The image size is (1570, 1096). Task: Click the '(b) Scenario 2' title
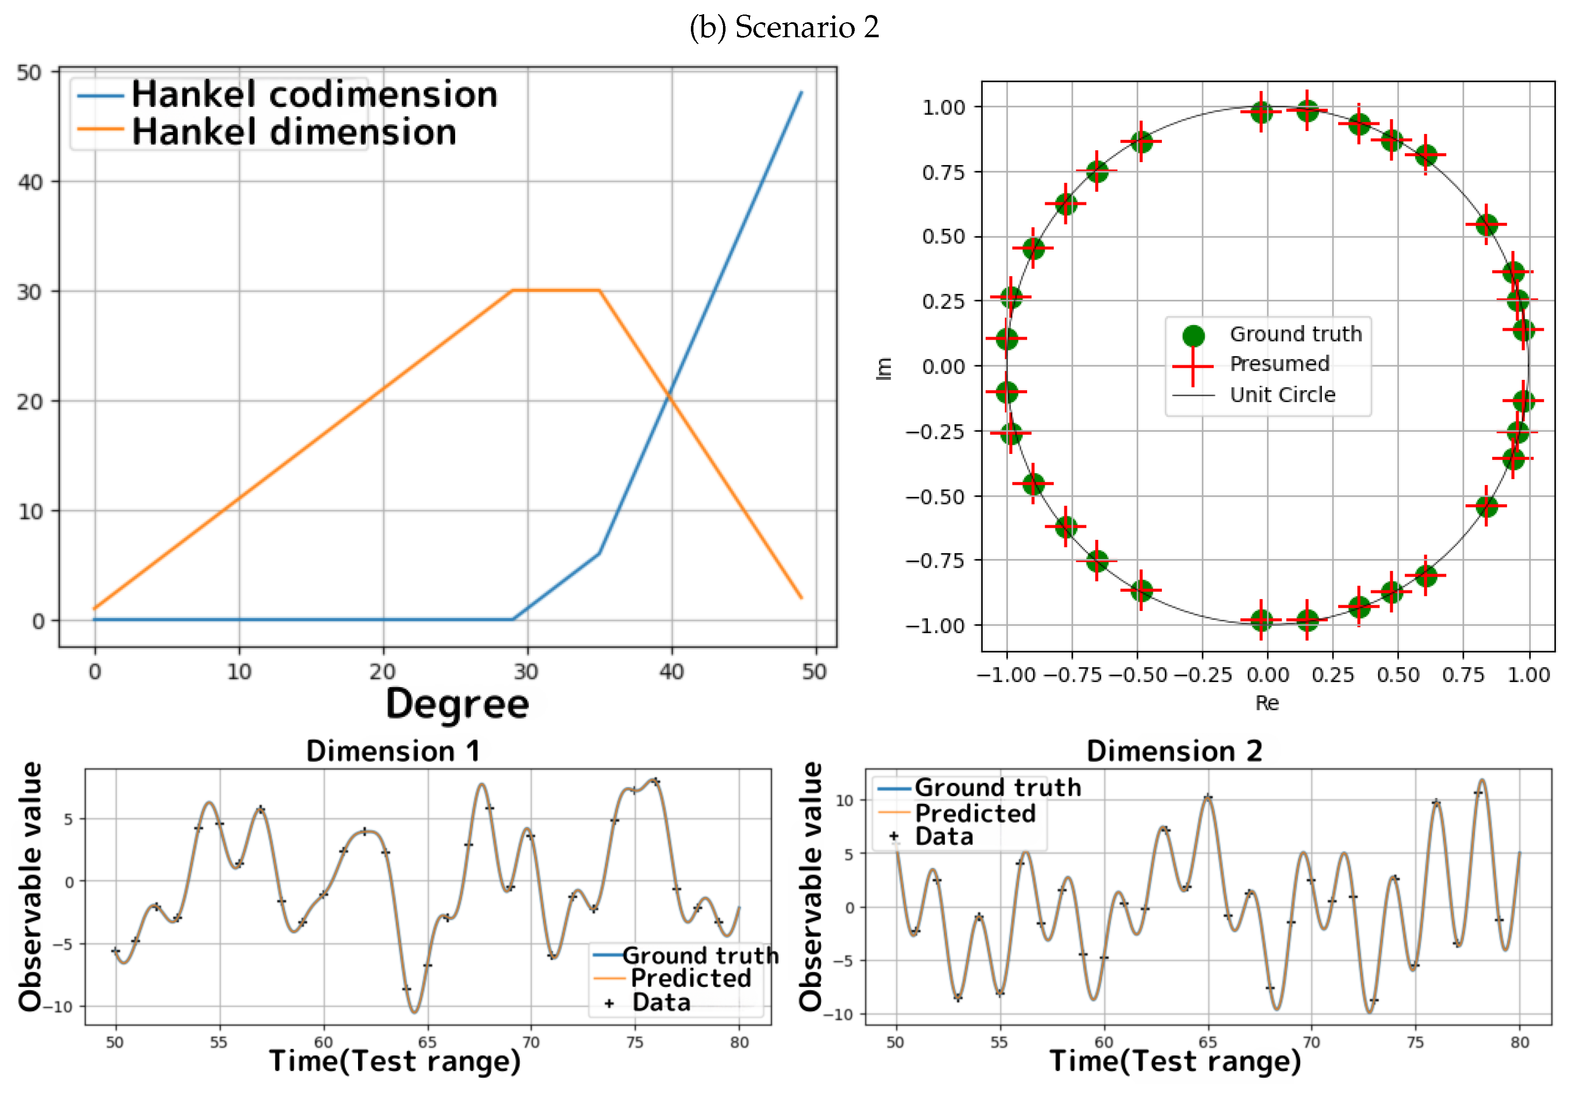pyautogui.click(x=784, y=27)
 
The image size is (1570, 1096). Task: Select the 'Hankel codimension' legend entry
pyautogui.click(x=314, y=95)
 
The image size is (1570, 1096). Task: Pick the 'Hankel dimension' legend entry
pyautogui.click(x=293, y=132)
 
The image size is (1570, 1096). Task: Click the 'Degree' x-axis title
pyautogui.click(x=457, y=704)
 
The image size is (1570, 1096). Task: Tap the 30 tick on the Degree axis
pyautogui.click(x=527, y=672)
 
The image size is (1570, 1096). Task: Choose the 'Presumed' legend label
pyautogui.click(x=1280, y=364)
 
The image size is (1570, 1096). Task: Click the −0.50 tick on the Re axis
pyautogui.click(x=1137, y=675)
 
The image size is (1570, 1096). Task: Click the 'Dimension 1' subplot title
pyautogui.click(x=393, y=751)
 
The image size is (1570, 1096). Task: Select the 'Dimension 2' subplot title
pyautogui.click(x=1174, y=751)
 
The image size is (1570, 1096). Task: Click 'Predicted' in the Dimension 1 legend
pyautogui.click(x=690, y=978)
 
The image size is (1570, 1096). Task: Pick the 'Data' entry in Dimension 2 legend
pyautogui.click(x=944, y=836)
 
